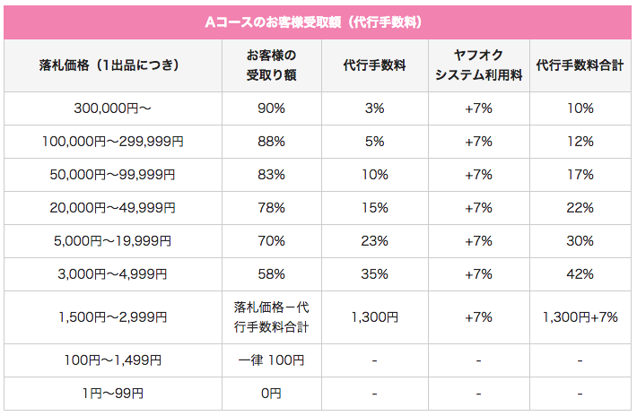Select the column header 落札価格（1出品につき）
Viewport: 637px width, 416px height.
click(x=113, y=65)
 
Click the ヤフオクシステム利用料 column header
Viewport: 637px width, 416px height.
click(x=478, y=65)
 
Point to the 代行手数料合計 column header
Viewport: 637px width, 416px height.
click(x=580, y=65)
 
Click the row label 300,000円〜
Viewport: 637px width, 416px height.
click(x=113, y=108)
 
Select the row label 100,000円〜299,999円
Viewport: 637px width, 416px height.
click(x=113, y=142)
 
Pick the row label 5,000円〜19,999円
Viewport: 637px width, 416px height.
click(x=113, y=241)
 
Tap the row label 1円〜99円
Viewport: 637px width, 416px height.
click(x=113, y=394)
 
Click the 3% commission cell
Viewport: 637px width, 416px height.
click(x=375, y=108)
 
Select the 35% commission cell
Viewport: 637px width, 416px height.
click(x=375, y=274)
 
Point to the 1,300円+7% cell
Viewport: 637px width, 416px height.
click(x=580, y=316)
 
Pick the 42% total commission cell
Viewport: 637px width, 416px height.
click(x=580, y=274)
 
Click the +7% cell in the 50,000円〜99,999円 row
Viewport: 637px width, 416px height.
click(x=478, y=175)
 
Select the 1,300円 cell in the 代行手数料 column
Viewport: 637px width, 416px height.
click(x=375, y=316)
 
